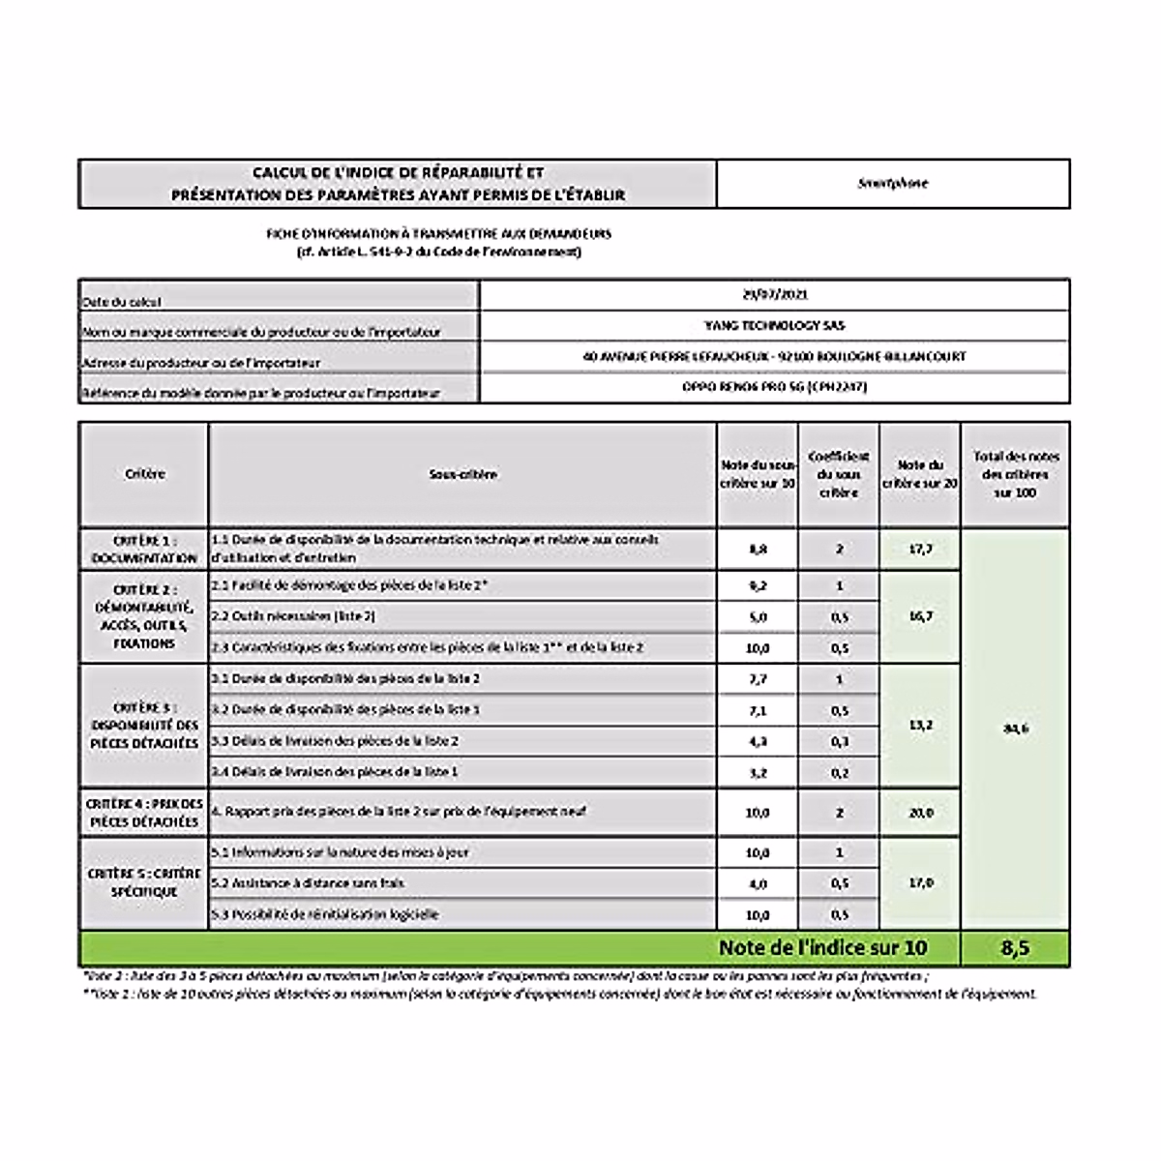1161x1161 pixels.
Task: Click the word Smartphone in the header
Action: (892, 183)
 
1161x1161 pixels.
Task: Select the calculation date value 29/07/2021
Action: (774, 294)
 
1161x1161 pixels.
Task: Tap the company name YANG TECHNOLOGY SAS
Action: (774, 325)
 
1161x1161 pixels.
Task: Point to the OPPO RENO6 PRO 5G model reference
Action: (774, 387)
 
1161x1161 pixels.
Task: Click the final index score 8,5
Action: (1015, 948)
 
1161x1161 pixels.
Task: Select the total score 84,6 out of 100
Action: (1015, 729)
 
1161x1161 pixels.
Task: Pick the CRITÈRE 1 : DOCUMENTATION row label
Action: (143, 549)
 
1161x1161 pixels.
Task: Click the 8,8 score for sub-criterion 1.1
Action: (758, 549)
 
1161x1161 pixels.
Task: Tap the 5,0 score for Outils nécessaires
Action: (758, 616)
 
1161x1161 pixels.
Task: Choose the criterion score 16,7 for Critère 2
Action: (920, 616)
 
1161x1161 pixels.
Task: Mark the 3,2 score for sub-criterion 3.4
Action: (758, 772)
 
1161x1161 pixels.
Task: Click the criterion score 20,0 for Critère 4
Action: (920, 813)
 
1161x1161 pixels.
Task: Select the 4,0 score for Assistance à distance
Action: (758, 883)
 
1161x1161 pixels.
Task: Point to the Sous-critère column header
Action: (462, 474)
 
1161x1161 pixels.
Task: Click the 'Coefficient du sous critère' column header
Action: (839, 474)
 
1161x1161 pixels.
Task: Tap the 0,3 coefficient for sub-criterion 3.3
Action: (839, 741)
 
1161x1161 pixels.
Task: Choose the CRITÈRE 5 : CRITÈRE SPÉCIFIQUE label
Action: (143, 882)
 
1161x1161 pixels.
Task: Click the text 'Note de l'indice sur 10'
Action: (822, 948)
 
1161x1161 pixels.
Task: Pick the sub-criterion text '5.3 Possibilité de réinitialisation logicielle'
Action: (325, 914)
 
